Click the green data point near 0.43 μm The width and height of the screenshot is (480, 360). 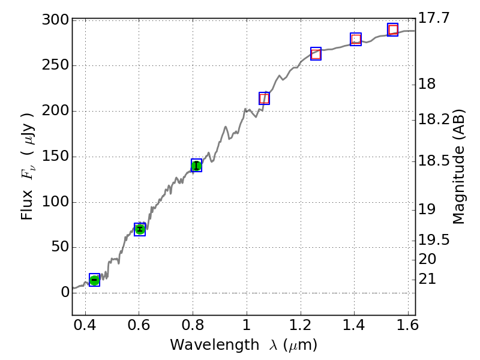tap(94, 280)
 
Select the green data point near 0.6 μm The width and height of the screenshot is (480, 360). tap(140, 229)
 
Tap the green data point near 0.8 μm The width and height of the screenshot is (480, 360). tap(196, 166)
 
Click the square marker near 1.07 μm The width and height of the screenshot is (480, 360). tap(264, 98)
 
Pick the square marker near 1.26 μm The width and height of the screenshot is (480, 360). tap(316, 53)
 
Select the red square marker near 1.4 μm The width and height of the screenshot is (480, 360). tap(356, 40)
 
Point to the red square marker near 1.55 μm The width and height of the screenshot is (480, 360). tap(393, 30)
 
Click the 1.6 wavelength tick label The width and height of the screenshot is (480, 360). tap(408, 328)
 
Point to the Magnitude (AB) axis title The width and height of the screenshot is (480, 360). tap(459, 166)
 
